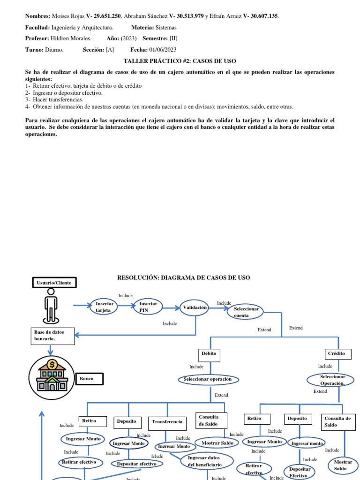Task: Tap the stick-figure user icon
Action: point(51,306)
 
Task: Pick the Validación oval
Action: point(195,307)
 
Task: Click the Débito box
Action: point(209,354)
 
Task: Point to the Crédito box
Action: point(336,354)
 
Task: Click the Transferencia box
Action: point(167,422)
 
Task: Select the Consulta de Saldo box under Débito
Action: point(211,420)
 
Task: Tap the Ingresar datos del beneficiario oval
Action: point(205,462)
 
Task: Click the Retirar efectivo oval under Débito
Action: point(79,462)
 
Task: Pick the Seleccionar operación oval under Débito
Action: point(208,379)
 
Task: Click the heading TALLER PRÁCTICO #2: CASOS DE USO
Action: point(180,61)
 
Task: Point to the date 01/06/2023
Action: point(163,50)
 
